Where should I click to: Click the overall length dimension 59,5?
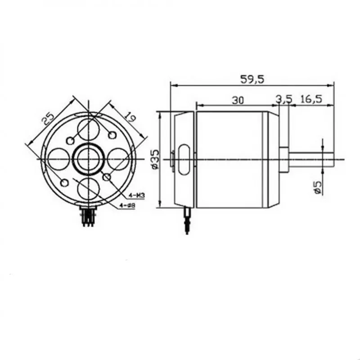coord(252,79)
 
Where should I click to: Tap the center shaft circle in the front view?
coord(88,159)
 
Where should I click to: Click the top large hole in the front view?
coord(88,128)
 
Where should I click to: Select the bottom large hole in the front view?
coord(88,189)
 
